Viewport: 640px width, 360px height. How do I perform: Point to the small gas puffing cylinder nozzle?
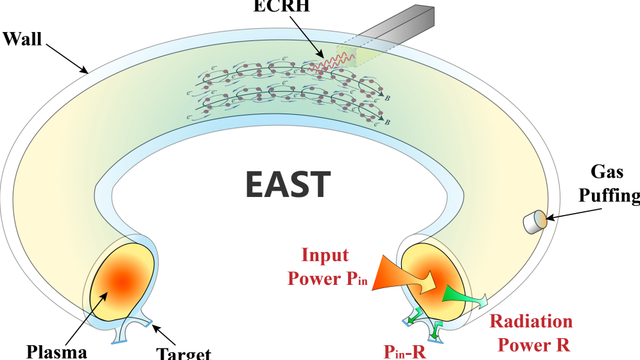(x=534, y=222)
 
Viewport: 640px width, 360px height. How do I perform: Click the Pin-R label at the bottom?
(x=405, y=351)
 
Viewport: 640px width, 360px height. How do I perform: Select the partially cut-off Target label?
(x=184, y=352)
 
